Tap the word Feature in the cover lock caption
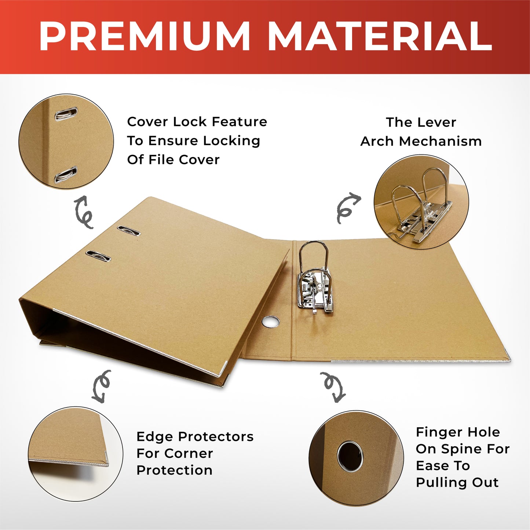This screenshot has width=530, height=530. [x=239, y=122]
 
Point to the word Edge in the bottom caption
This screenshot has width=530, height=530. [x=150, y=437]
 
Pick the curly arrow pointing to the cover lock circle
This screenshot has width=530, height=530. [x=84, y=212]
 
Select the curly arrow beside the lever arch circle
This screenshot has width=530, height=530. [x=347, y=208]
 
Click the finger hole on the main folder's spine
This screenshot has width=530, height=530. [x=271, y=322]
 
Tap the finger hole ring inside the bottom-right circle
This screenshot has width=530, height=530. [x=350, y=456]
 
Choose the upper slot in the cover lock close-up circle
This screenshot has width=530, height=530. [x=66, y=114]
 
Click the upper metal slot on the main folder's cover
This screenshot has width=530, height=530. [x=129, y=231]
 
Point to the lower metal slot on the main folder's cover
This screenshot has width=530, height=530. [x=98, y=256]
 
